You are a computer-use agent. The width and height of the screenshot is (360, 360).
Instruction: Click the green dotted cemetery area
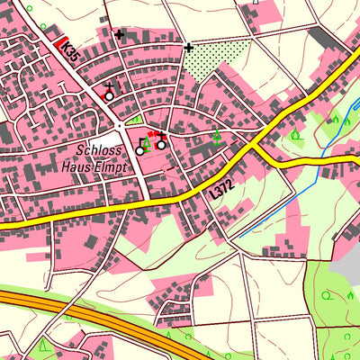pyautogui.click(x=216, y=61)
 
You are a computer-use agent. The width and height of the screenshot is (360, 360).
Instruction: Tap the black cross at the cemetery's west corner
pyautogui.click(x=188, y=47)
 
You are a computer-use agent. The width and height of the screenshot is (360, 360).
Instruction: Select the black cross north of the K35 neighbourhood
pyautogui.click(x=119, y=34)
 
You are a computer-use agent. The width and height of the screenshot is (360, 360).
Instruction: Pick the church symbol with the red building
pyautogui.click(x=160, y=142)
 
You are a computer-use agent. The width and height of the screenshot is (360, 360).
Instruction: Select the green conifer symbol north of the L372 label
pyautogui.click(x=216, y=137)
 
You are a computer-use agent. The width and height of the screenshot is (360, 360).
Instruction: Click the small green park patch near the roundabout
pyautogui.click(x=136, y=118)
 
